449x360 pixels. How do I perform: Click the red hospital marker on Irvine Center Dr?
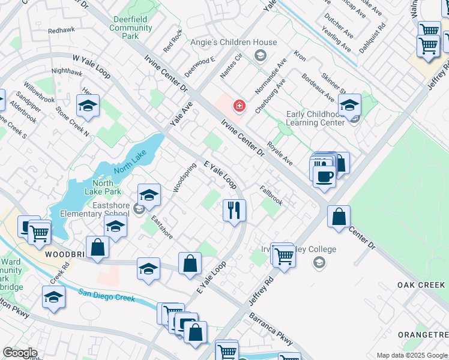click(240, 106)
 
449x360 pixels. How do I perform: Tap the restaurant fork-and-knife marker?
click(234, 210)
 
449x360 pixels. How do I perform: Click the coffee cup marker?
click(324, 176)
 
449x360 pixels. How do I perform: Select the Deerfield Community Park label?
click(131, 28)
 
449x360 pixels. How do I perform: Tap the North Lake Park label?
click(107, 187)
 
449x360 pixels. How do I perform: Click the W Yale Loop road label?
click(91, 66)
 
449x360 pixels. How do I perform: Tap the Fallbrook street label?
click(271, 196)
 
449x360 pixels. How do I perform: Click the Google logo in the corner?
click(20, 353)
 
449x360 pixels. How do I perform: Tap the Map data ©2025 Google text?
click(411, 355)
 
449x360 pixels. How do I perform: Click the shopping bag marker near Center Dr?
click(339, 217)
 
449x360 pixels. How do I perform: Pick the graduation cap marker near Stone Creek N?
click(88, 107)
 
